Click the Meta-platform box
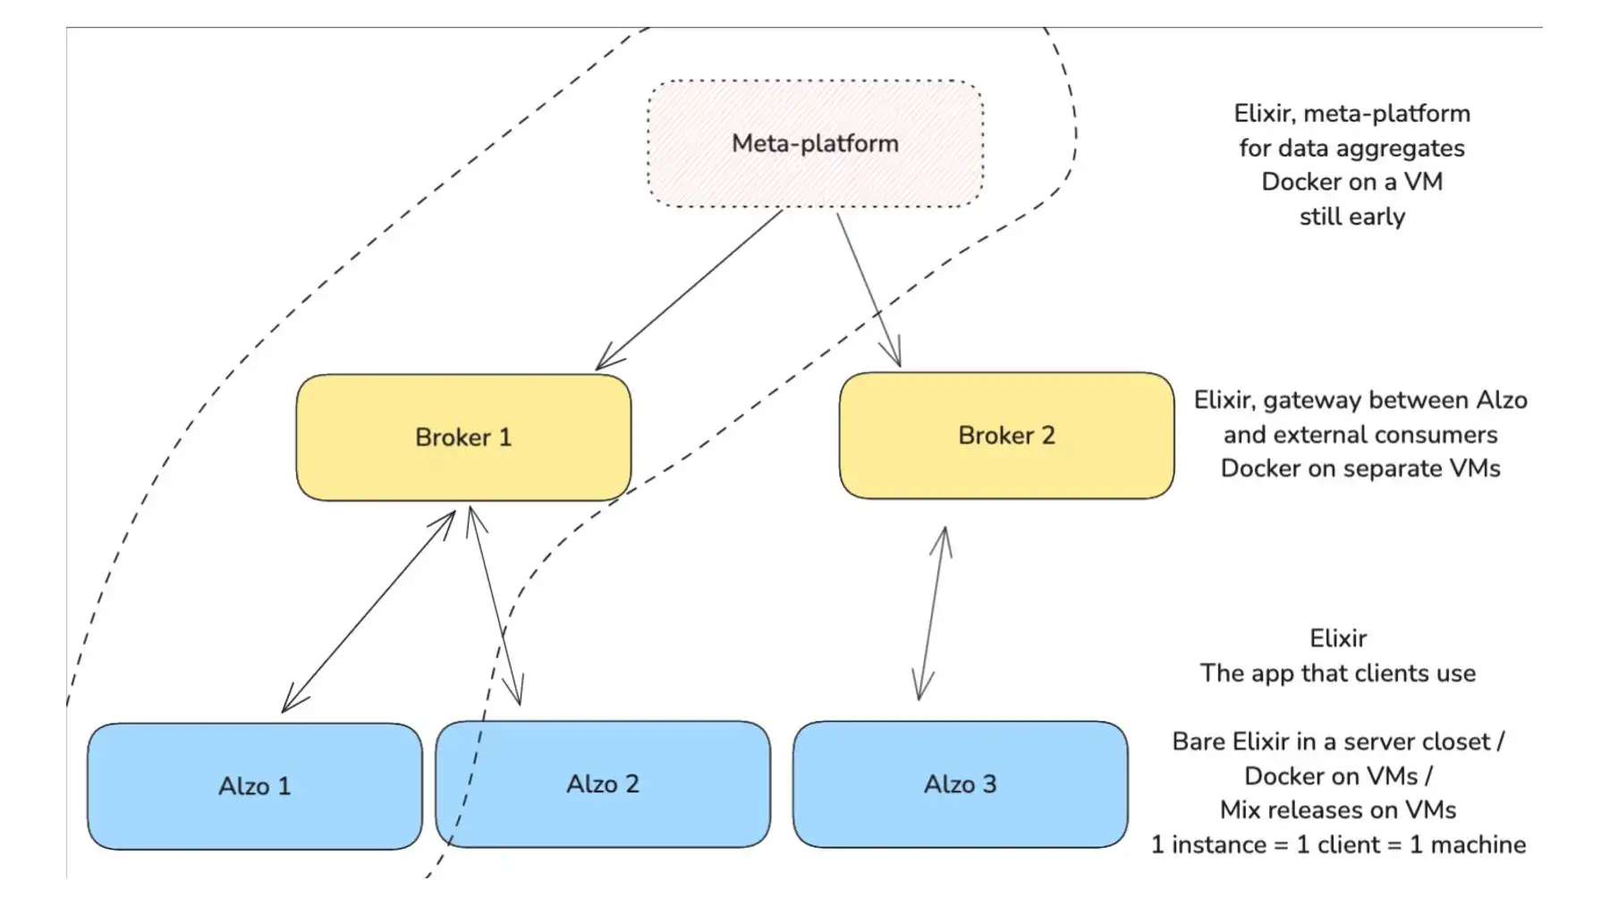click(x=816, y=144)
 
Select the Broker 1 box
click(x=463, y=437)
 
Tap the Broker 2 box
click(x=1006, y=436)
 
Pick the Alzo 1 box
click(x=255, y=786)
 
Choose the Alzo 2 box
click(x=603, y=784)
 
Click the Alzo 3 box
click(x=960, y=784)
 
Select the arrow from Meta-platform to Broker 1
click(x=689, y=290)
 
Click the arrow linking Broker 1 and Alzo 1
click(x=369, y=612)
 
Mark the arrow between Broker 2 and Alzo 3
click(x=932, y=613)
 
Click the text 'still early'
click(x=1352, y=216)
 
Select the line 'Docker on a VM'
click(x=1352, y=182)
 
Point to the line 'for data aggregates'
click(x=1352, y=148)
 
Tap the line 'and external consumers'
click(x=1360, y=435)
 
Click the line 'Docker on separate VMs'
click(x=1360, y=469)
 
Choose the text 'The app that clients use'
click(x=1338, y=673)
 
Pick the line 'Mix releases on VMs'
click(x=1338, y=810)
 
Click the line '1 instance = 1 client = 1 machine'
click(x=1338, y=845)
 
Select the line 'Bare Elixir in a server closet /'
click(x=1338, y=741)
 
